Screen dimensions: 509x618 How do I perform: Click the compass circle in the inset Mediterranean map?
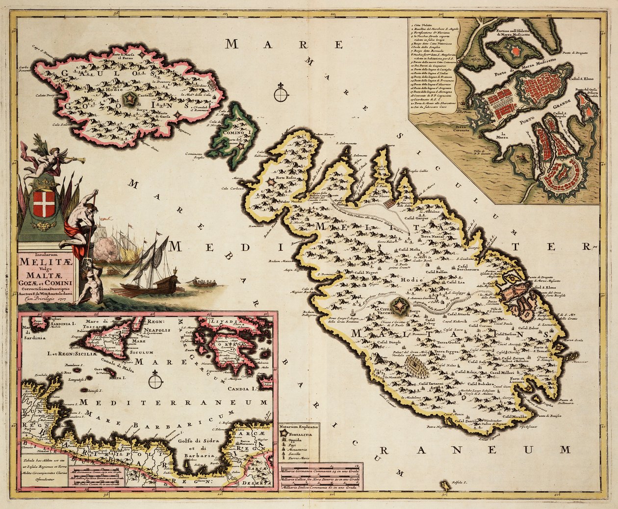[156, 378]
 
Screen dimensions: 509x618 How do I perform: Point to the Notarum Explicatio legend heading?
[299, 426]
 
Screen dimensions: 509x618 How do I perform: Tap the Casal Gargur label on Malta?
[416, 217]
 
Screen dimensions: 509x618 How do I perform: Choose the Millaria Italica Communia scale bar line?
[321, 488]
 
